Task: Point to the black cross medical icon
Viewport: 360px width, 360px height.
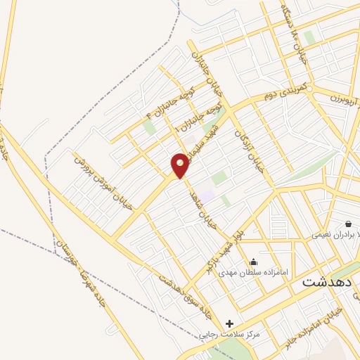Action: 229,323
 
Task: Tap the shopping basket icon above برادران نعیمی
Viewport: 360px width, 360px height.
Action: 348,223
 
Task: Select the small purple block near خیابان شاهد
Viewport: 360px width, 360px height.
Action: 206,191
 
